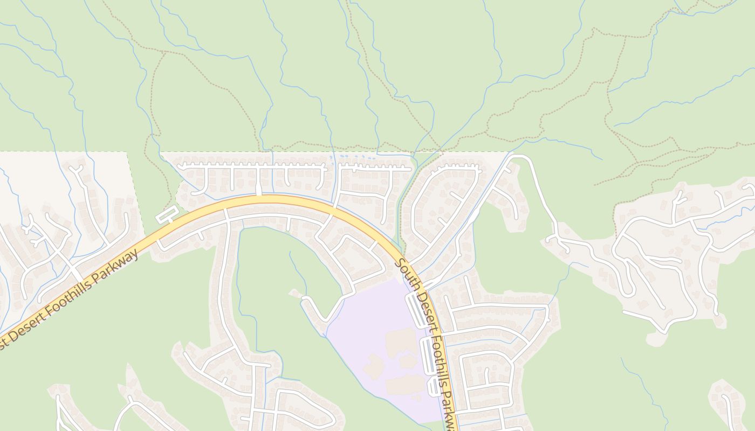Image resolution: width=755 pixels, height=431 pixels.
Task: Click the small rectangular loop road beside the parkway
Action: pyautogui.click(x=167, y=214)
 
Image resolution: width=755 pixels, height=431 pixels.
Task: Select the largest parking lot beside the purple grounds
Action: pyautogui.click(x=417, y=310)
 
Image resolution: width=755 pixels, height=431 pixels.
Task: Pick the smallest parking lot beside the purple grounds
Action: pyautogui.click(x=435, y=387)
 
